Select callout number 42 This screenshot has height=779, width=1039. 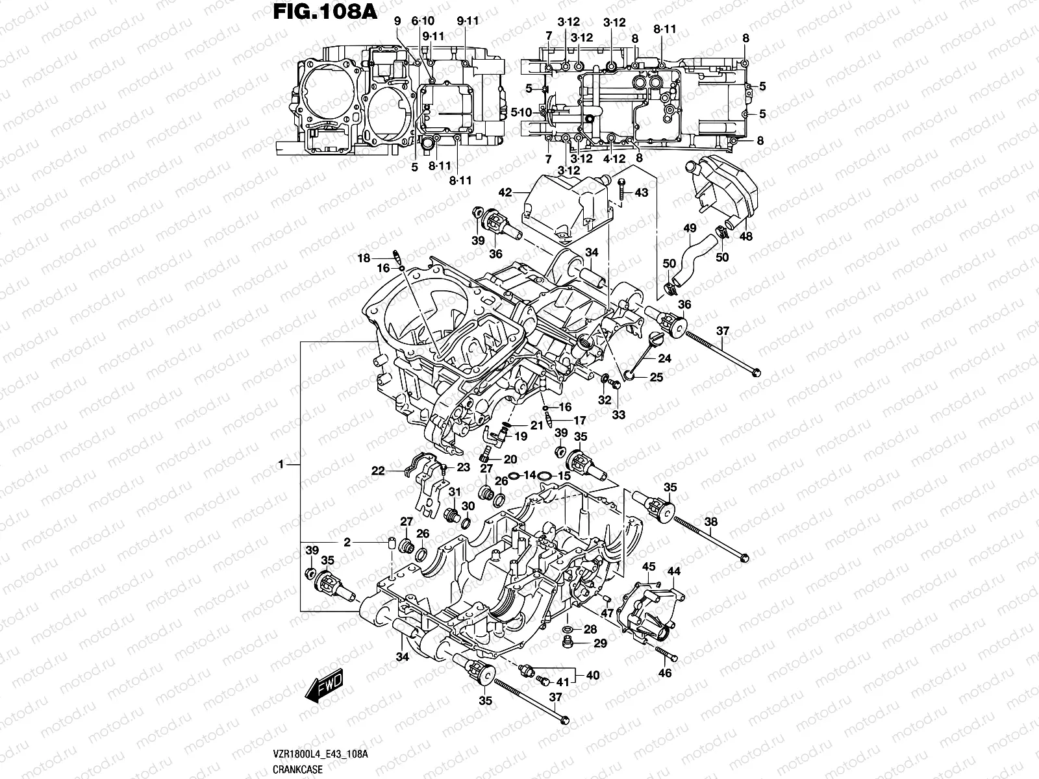pos(505,193)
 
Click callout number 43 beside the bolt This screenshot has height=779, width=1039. pos(641,193)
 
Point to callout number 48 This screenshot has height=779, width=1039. pos(745,237)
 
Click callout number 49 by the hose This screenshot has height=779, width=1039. pos(690,229)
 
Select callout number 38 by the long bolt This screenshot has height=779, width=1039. pos(711,521)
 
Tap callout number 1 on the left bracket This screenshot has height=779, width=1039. pos(281,465)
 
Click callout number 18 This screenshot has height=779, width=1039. pos(363,258)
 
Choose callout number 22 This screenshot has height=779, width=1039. pos(378,471)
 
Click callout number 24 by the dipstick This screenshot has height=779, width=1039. pos(664,358)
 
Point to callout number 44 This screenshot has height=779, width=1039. pos(674,571)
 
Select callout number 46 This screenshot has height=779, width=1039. pos(664,674)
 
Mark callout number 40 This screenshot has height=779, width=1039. pos(593,676)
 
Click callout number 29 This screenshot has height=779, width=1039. pos(599,643)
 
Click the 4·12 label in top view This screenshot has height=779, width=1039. pos(613,158)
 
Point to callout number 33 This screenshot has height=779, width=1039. pos(618,415)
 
